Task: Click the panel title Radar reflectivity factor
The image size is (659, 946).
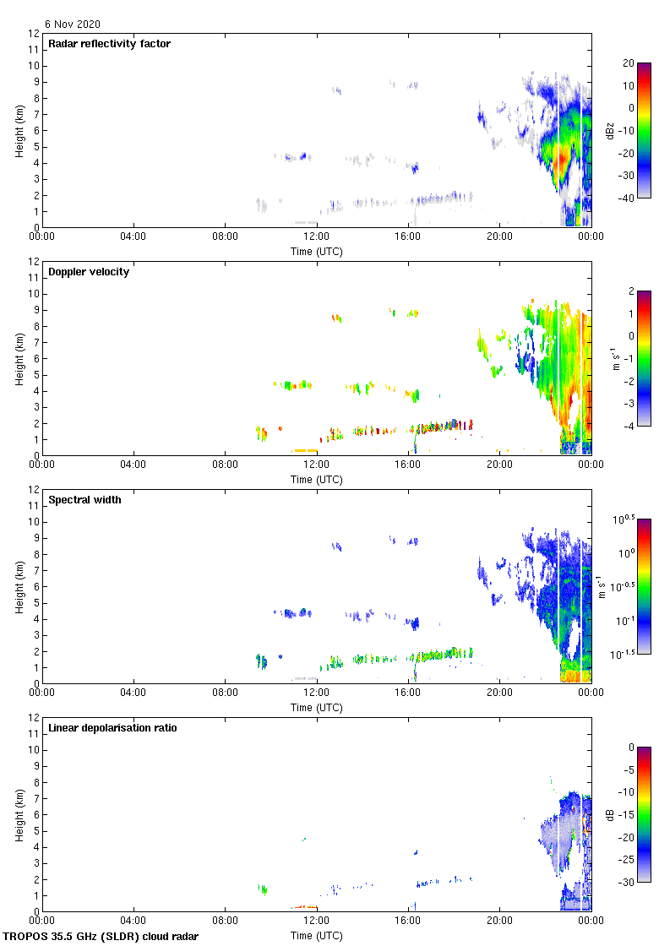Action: pos(109,44)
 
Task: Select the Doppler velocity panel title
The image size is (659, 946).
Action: pos(89,272)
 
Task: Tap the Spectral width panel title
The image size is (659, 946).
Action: pos(84,500)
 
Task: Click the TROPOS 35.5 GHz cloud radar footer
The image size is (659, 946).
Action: pos(101,936)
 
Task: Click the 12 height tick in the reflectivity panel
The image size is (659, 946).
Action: pos(34,34)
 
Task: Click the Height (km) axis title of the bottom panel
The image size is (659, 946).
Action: pos(19,814)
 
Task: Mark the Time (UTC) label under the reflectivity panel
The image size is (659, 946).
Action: pos(317,251)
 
